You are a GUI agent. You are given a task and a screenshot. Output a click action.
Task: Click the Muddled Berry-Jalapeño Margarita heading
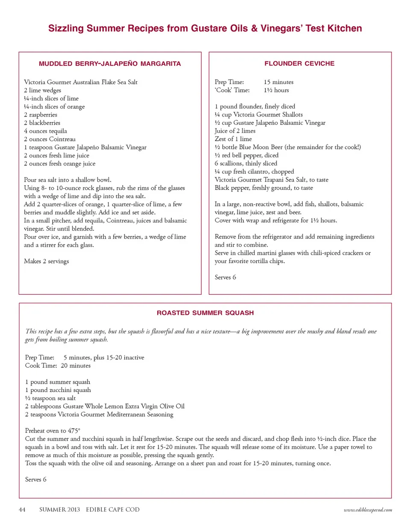110,64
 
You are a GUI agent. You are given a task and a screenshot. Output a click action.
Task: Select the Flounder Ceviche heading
299,64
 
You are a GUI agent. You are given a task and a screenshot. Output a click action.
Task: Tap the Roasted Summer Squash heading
205,313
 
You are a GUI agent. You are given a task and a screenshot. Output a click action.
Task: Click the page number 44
22,509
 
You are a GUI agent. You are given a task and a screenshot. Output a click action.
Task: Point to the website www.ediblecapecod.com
368,510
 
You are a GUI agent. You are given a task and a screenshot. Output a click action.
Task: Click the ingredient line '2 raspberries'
41,115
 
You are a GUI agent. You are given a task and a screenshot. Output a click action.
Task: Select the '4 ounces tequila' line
45,131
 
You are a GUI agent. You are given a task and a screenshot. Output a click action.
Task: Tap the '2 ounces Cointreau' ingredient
50,139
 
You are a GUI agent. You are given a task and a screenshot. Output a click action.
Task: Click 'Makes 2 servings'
46,261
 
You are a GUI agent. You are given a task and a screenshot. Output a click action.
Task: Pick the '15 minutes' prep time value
278,82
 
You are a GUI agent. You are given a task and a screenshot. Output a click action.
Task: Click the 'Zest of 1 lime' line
233,139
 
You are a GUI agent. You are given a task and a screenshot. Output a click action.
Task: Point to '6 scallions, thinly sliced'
246,163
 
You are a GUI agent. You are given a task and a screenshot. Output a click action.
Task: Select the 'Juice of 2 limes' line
235,131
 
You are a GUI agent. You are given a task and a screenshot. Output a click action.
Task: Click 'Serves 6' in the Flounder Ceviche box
225,277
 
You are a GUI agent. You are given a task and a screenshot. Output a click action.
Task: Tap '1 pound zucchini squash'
58,390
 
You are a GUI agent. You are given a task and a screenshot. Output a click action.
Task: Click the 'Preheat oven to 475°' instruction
53,431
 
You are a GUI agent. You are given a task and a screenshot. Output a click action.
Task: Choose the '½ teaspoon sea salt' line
50,398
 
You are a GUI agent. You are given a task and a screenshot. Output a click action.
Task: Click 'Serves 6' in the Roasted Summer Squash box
36,479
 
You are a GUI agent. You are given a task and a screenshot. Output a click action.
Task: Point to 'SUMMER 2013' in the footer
59,509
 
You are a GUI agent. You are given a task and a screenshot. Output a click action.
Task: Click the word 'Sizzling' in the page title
66,29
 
